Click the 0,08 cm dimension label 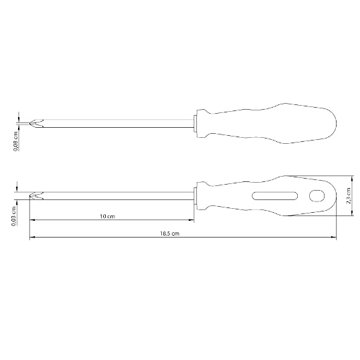pyautogui.click(x=16, y=141)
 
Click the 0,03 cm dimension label pyautogui.click(x=14, y=216)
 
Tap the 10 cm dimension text pyautogui.click(x=108, y=216)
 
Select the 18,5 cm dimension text pyautogui.click(x=170, y=234)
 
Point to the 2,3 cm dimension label pyautogui.click(x=349, y=195)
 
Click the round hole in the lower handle pyautogui.click(x=317, y=196)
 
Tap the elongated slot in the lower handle pyautogui.click(x=275, y=196)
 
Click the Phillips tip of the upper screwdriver pyautogui.click(x=36, y=124)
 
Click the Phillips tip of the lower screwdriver pyautogui.click(x=36, y=196)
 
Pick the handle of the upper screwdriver pyautogui.click(x=266, y=124)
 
